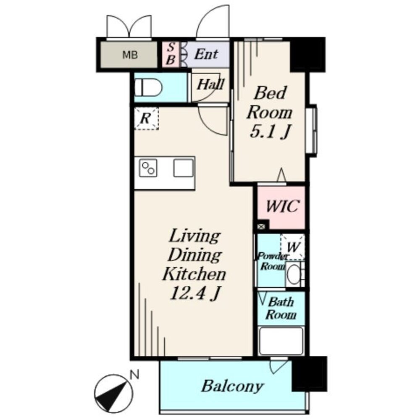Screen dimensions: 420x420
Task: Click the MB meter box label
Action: point(130,55)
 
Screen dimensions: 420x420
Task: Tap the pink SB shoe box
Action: point(171,54)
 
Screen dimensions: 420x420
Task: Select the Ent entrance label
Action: point(206,54)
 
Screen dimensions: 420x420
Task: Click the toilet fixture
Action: point(148,87)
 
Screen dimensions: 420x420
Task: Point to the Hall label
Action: point(210,85)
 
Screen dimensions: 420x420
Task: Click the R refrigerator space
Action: point(146,118)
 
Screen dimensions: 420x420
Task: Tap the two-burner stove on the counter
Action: point(148,168)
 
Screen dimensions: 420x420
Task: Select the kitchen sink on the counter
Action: point(183,168)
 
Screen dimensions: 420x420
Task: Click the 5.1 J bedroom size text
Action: point(270,131)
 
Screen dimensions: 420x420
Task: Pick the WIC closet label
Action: point(282,206)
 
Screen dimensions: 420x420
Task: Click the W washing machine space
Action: point(292,247)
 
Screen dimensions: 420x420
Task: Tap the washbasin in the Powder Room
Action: point(294,274)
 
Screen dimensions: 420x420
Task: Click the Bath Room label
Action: point(281,308)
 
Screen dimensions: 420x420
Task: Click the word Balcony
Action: point(232,386)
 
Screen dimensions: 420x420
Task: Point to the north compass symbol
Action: point(113,394)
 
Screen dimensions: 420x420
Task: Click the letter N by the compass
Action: point(134,374)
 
